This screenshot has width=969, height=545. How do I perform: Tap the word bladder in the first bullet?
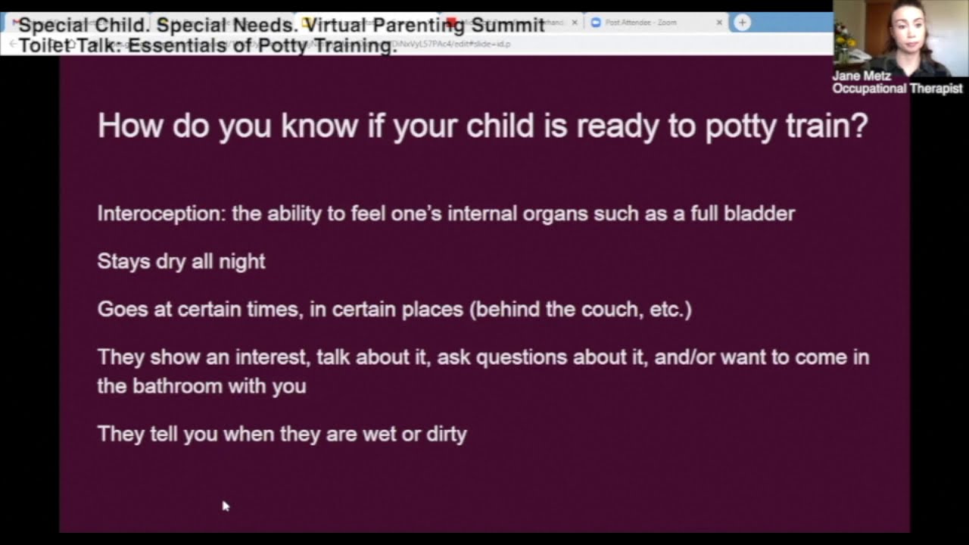(759, 213)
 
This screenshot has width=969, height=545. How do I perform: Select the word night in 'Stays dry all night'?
(241, 262)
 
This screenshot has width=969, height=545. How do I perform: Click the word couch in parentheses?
(613, 310)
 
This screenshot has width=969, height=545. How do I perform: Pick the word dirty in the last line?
(446, 434)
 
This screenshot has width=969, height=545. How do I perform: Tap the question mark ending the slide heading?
(859, 126)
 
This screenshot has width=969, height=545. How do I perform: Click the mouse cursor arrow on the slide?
(225, 506)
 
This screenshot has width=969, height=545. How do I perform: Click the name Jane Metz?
(862, 76)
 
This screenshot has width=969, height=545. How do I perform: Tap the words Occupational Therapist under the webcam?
(897, 89)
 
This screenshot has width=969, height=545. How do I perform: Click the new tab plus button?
(742, 23)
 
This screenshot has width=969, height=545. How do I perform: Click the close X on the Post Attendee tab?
(719, 23)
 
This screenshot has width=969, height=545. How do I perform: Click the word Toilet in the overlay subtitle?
(45, 45)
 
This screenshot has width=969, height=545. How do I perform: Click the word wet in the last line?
(379, 434)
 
